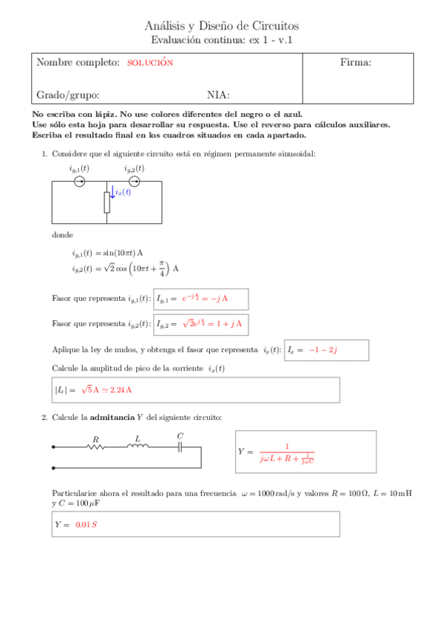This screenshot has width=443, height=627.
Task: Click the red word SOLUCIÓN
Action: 150,63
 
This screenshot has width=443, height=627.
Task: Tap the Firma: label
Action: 355,63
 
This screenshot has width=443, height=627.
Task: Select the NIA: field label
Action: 218,95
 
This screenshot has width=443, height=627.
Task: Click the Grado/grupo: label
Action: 68,95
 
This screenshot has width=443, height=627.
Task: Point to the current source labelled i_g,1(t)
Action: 80,181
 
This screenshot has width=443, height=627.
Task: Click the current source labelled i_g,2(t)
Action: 134,181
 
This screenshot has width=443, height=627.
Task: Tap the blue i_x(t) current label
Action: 123,192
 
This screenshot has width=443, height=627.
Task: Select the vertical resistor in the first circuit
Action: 107,202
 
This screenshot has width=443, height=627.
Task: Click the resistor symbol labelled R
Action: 95,447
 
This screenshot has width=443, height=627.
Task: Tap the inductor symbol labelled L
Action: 138,447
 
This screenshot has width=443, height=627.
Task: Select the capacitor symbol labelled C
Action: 180,447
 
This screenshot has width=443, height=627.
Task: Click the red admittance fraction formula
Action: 288,452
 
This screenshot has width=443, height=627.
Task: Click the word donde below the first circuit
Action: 62,234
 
